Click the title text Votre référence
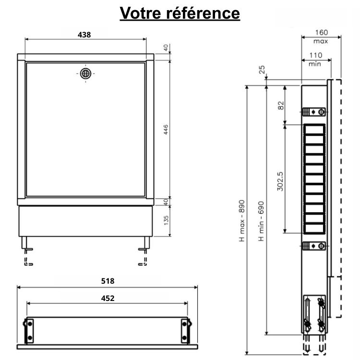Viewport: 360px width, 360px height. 180,13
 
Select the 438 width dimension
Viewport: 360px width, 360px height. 84,34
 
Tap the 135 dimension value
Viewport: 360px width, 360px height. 166,220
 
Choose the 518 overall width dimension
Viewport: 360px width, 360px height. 107,281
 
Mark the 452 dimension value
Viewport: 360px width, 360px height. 107,298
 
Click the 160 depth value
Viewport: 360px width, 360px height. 322,33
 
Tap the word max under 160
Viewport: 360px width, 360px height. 322,41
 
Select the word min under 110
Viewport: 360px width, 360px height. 315,63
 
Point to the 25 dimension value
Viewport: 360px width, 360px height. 262,70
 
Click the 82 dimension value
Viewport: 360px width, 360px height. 281,104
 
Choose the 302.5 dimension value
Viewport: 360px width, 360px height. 280,178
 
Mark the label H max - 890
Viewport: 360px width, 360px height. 242,220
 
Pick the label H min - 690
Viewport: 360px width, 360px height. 262,220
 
